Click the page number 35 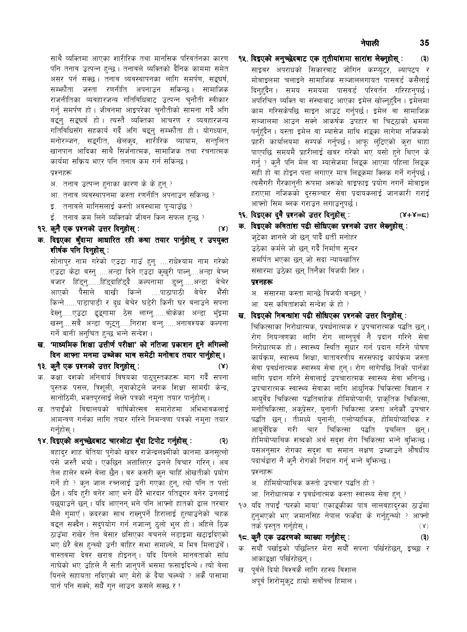424,43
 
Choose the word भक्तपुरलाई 107,399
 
